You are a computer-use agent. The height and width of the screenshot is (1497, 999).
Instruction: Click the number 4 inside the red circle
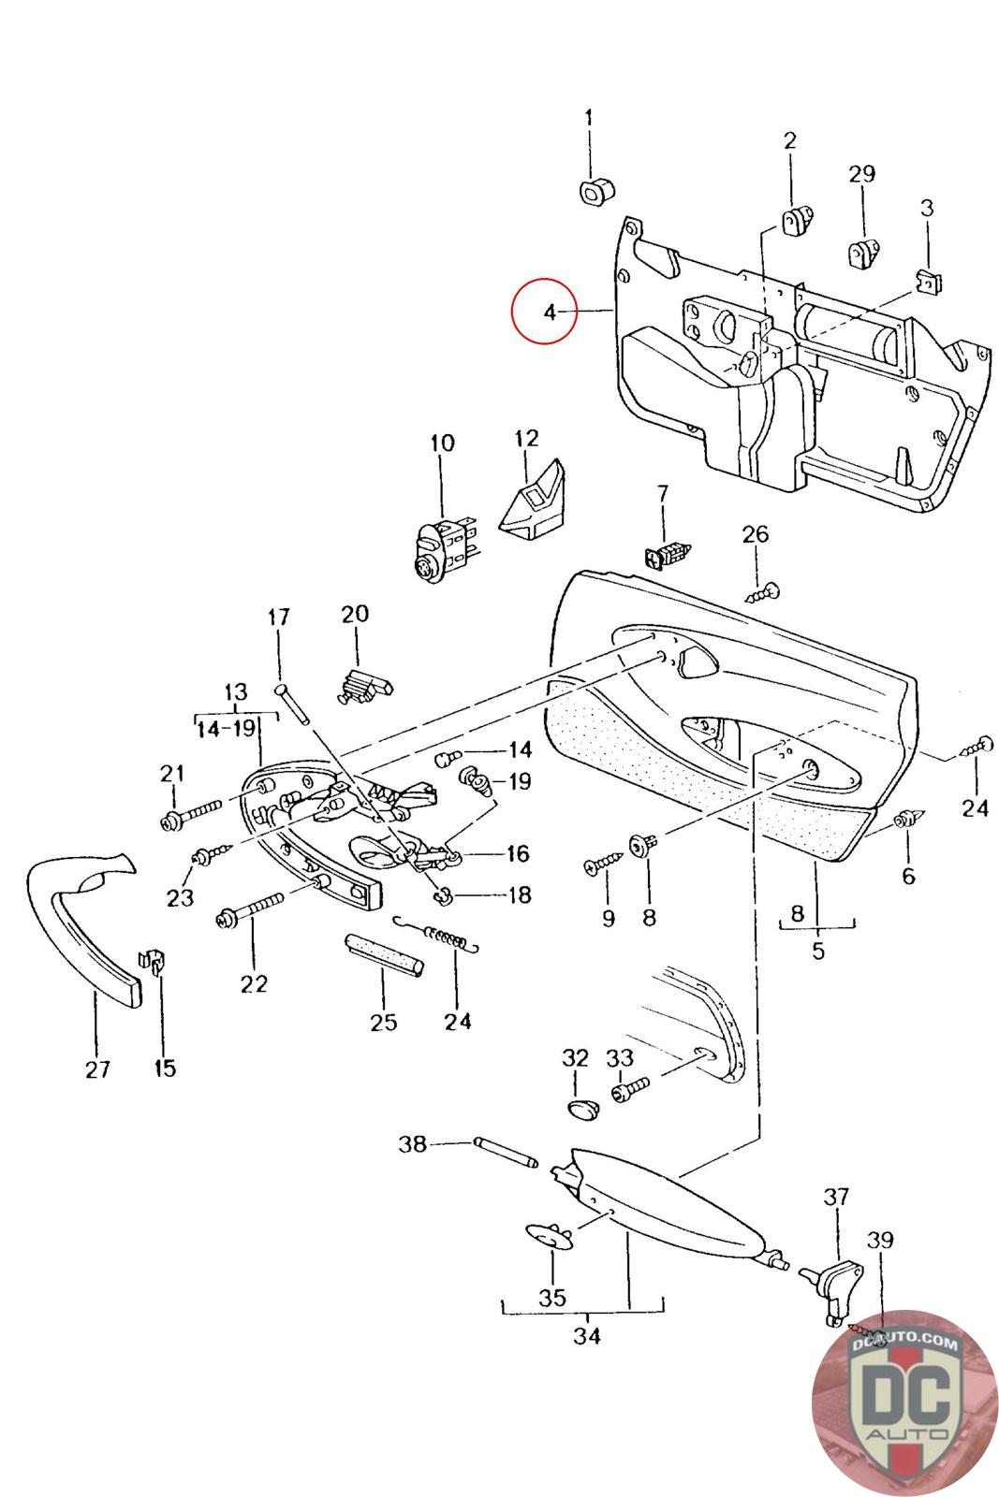[x=550, y=312]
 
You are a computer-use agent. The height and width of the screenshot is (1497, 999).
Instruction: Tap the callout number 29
[x=862, y=174]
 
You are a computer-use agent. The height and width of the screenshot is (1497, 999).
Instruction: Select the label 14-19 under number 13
[x=226, y=729]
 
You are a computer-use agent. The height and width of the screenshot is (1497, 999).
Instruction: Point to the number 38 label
[x=413, y=1143]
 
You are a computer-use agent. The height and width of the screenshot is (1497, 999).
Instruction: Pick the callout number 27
[x=97, y=1069]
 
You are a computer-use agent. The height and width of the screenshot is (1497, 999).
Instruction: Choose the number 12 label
[x=526, y=439]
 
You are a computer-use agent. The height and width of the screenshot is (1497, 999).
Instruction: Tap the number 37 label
[x=836, y=1196]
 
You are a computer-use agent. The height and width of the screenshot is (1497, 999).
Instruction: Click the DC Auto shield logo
[x=904, y=1401]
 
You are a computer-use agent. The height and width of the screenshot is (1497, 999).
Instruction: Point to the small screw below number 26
[x=762, y=593]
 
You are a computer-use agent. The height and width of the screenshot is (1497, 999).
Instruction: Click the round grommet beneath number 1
[x=595, y=192]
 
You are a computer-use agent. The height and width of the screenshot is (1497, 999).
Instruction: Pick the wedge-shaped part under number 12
[x=532, y=500]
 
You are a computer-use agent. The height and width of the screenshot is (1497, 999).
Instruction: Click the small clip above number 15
[x=153, y=961]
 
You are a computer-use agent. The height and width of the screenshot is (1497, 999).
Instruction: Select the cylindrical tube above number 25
[x=383, y=955]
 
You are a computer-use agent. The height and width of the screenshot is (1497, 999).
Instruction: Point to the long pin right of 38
[x=506, y=1153]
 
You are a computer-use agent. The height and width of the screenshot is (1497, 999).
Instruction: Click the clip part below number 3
[x=930, y=282]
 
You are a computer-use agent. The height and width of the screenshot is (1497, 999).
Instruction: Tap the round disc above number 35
[x=550, y=1236]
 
